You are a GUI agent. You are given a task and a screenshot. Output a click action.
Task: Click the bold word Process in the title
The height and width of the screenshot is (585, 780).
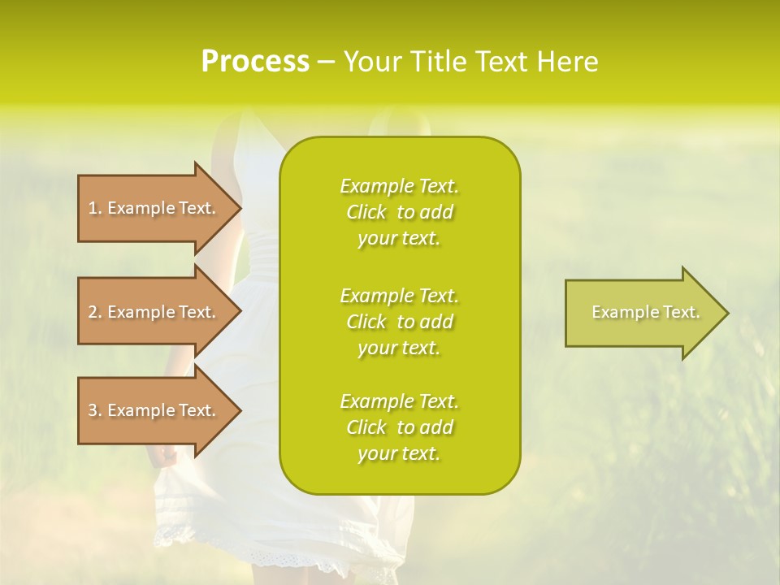pos(255,62)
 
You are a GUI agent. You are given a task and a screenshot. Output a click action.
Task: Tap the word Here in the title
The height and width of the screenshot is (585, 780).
pos(566,62)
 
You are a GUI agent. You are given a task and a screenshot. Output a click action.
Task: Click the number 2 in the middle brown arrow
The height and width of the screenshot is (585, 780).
pos(93,312)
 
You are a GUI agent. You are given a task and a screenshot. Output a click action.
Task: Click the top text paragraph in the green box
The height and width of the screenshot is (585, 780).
pos(399,212)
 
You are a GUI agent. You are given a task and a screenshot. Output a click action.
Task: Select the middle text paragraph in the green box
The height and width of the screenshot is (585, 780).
pos(399,321)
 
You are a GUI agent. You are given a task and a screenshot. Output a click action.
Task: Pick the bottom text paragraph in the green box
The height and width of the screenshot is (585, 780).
pos(399,427)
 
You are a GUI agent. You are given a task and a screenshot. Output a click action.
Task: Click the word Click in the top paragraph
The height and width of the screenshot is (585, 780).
pos(366,212)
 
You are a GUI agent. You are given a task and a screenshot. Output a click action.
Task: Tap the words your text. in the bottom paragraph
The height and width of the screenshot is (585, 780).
pos(399,454)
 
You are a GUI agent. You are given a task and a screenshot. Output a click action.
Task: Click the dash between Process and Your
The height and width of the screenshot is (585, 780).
pos(326,62)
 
